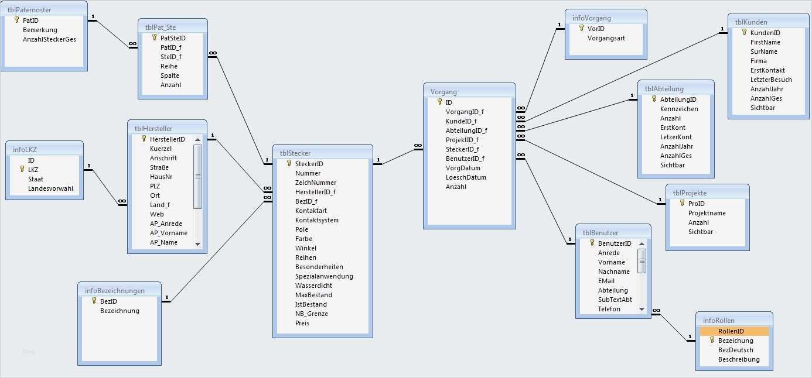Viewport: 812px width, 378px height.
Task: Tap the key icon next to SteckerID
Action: click(x=289, y=164)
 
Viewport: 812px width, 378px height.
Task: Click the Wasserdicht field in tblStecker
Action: click(x=313, y=286)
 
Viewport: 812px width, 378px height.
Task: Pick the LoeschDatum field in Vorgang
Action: click(x=466, y=177)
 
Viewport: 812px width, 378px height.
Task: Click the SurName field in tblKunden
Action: click(x=763, y=51)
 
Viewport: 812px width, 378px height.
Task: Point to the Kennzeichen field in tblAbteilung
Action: click(x=679, y=109)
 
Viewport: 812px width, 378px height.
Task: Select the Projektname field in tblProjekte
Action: click(x=707, y=213)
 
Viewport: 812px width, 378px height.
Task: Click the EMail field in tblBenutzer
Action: click(x=606, y=281)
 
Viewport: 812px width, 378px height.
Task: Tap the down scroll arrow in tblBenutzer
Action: click(x=642, y=309)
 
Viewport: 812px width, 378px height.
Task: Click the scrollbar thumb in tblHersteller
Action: click(x=197, y=176)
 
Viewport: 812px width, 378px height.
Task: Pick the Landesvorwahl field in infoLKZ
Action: click(x=54, y=188)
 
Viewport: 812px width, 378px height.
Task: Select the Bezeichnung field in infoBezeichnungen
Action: click(x=120, y=311)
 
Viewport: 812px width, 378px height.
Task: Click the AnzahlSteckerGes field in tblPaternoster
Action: click(x=49, y=39)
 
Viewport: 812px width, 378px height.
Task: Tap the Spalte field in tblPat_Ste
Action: click(x=169, y=75)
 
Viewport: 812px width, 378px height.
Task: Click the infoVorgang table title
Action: click(x=591, y=18)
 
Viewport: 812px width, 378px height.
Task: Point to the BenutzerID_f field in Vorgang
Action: click(x=465, y=159)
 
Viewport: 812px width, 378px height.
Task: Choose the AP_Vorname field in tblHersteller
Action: click(x=168, y=233)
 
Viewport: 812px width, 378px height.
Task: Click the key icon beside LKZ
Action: click(x=22, y=169)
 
